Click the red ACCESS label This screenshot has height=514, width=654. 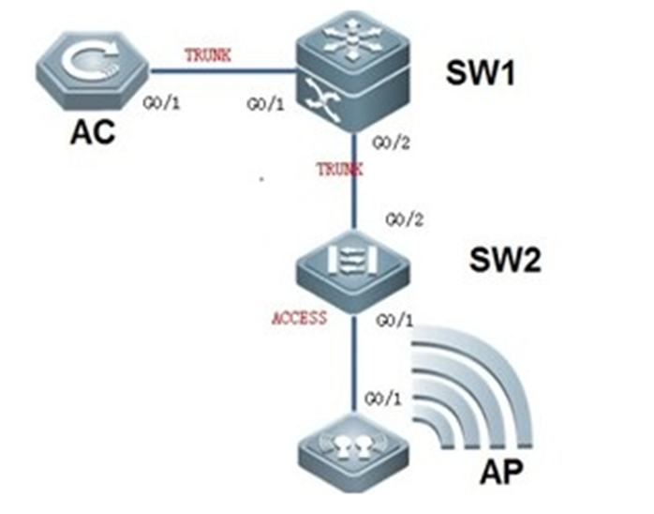pos(299,317)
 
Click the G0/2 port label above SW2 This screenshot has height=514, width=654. pos(403,219)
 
